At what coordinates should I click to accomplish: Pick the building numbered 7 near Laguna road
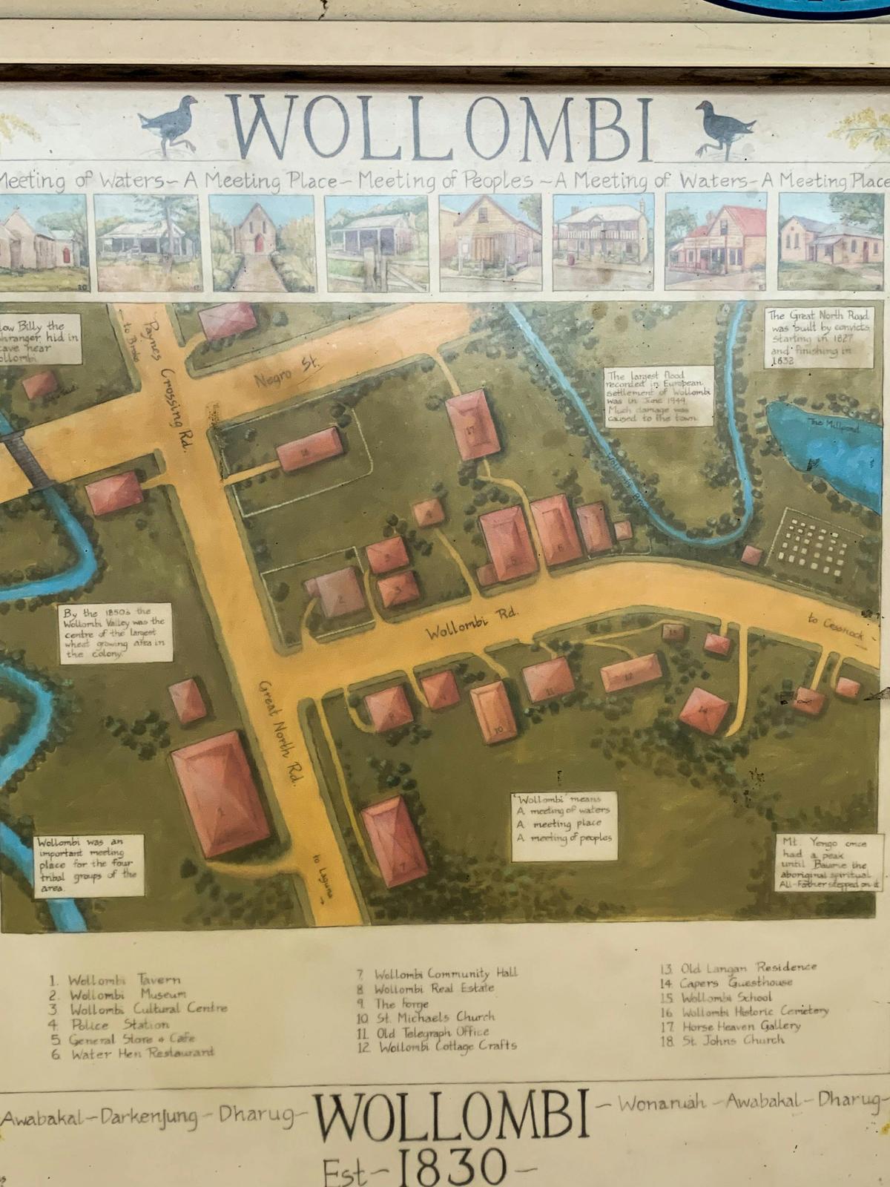395,841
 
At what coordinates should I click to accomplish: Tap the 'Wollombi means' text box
565,826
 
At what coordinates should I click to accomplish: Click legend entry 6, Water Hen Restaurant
133,1053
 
